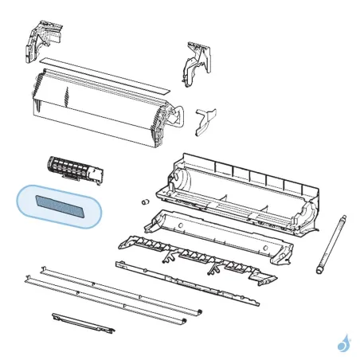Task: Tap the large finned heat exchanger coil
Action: coord(96,108)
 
